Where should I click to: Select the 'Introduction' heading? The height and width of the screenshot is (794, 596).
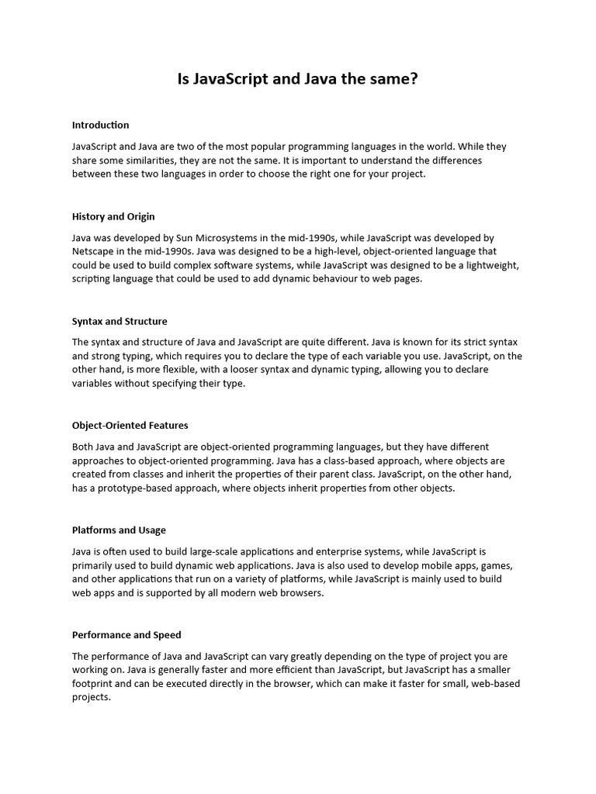coord(100,125)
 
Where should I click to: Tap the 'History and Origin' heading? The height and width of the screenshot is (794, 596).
coord(113,216)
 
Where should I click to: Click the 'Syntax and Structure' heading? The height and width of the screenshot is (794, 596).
coord(120,321)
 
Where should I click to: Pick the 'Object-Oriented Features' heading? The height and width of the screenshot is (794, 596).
coord(130,425)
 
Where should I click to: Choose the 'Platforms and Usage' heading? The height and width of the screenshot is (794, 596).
coord(119,530)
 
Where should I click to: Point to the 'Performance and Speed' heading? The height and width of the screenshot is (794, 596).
coord(126,635)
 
